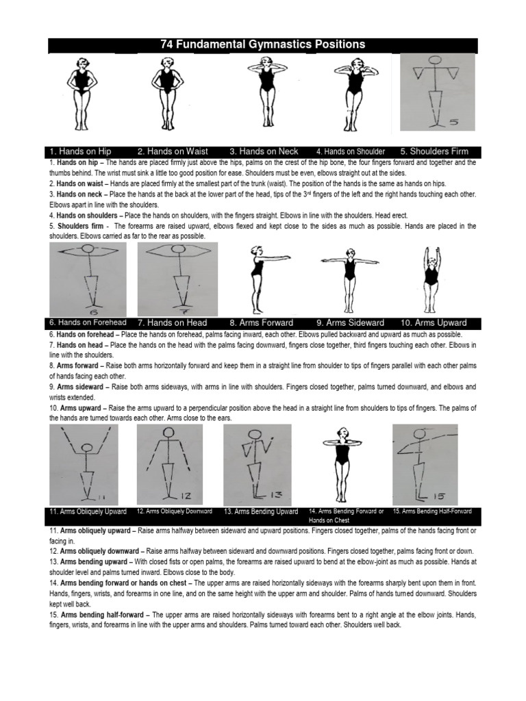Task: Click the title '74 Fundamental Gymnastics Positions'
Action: click(x=262, y=45)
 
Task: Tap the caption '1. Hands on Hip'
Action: click(x=80, y=151)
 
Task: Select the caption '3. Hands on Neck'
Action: click(x=264, y=151)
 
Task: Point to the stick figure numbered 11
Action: click(x=84, y=464)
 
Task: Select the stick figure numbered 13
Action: click(x=258, y=464)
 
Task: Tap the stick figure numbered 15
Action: click(x=423, y=464)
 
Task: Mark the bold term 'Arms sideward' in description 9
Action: click(x=82, y=387)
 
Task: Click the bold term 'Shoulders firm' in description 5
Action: click(x=79, y=225)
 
